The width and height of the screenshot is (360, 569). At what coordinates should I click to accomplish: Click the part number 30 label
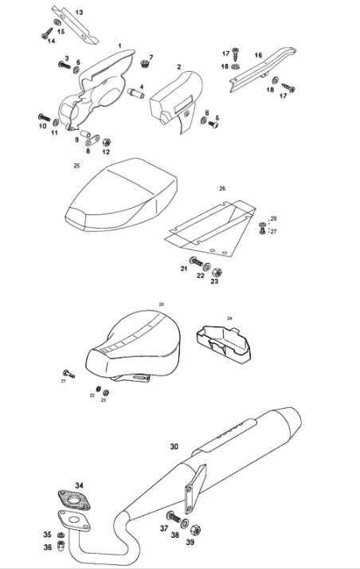(x=174, y=446)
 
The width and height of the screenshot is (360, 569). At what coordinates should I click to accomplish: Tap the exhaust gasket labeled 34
(x=74, y=500)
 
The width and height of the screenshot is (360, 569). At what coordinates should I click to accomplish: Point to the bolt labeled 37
(x=174, y=516)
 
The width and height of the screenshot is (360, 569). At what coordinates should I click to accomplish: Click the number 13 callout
(x=79, y=12)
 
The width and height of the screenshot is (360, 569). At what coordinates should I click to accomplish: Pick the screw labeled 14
(x=47, y=33)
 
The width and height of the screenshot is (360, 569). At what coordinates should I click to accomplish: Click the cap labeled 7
(x=144, y=65)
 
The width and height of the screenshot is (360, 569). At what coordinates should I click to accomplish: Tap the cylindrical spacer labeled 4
(x=135, y=92)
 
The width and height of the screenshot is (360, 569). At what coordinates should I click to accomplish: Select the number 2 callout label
(x=178, y=67)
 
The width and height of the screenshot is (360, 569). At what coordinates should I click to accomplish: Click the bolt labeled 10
(x=45, y=118)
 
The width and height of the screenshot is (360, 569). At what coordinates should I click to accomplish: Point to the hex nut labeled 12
(x=106, y=142)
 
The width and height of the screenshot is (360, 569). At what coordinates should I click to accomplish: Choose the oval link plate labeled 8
(x=92, y=139)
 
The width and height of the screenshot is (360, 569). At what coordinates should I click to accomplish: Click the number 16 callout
(x=258, y=55)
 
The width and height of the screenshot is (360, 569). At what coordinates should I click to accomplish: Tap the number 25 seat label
(x=76, y=166)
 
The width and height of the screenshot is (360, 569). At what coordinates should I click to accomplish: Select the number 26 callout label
(x=222, y=188)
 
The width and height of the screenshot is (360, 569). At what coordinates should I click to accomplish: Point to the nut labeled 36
(x=61, y=544)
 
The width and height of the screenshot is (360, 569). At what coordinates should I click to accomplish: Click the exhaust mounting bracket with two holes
(x=195, y=488)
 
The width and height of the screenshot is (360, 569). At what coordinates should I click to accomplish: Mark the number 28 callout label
(x=273, y=218)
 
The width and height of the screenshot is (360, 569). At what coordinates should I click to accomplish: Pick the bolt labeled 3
(x=65, y=65)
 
